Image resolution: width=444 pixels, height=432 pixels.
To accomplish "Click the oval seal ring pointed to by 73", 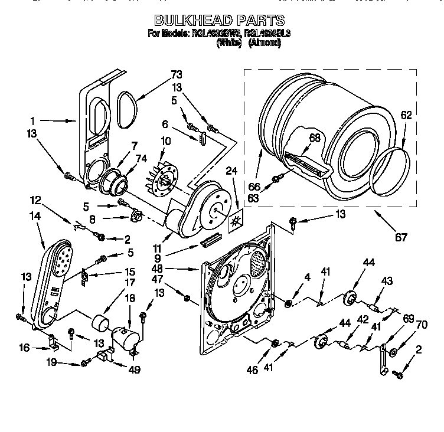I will [127, 109].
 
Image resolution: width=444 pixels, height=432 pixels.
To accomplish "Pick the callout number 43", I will [387, 282].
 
